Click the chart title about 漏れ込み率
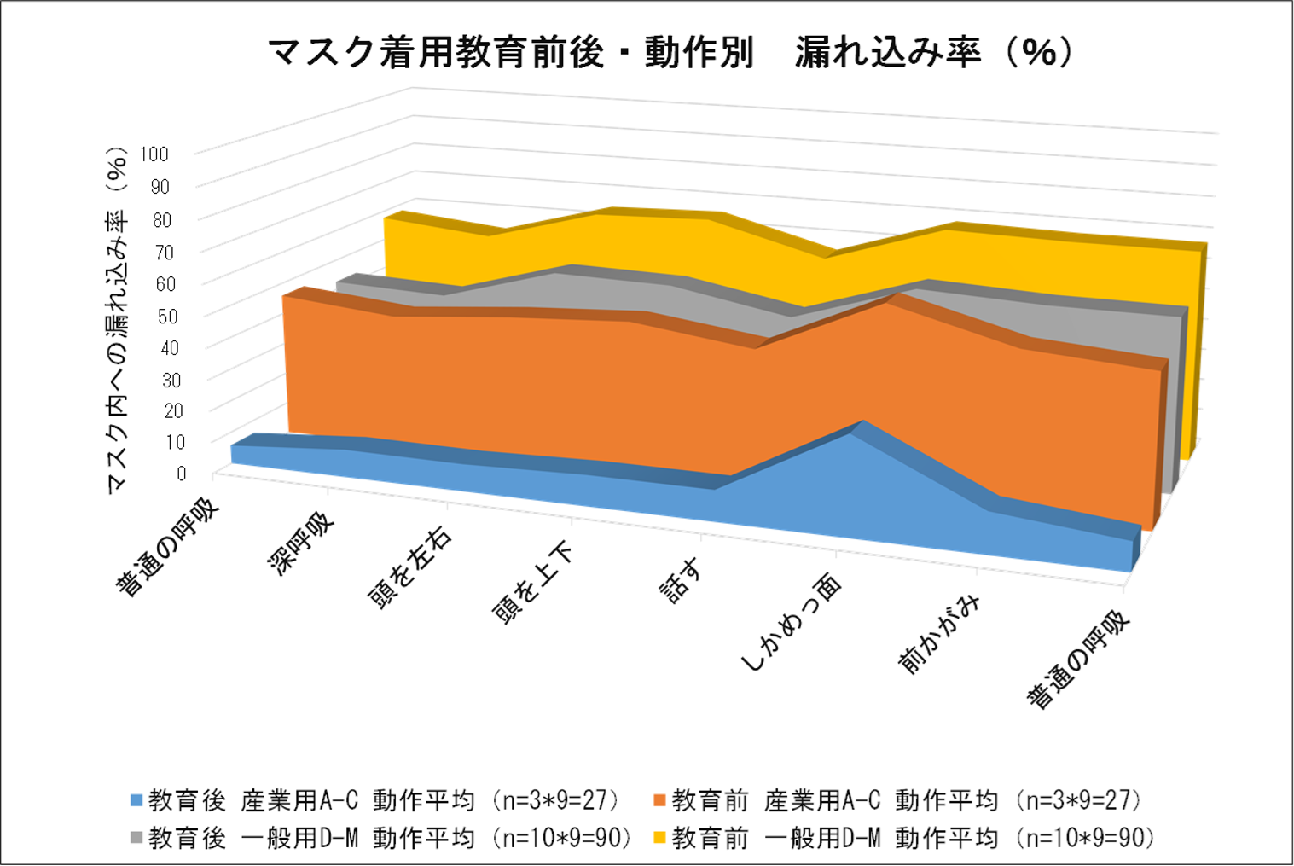[x=670, y=53]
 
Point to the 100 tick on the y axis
[x=154, y=154]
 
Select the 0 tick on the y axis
[x=182, y=474]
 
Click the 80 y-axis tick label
[x=161, y=220]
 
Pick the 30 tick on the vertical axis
[x=171, y=381]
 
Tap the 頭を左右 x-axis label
[x=410, y=569]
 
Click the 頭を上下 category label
[x=532, y=584]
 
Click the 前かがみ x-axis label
[x=939, y=634]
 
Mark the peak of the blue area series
[x=862, y=421]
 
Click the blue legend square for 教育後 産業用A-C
[x=136, y=800]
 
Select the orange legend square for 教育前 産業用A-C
[x=659, y=800]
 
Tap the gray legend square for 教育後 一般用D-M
[x=136, y=838]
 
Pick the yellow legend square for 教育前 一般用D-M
[x=659, y=838]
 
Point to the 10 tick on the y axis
[x=176, y=443]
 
